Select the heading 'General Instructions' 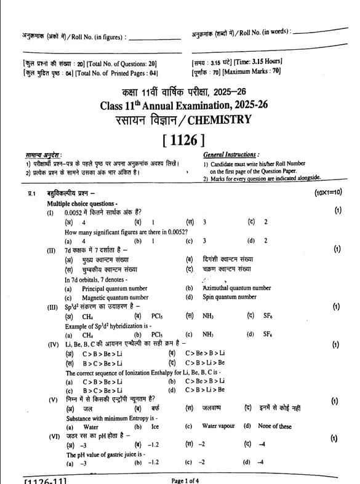pyautogui.click(x=231, y=155)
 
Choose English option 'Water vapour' pyautogui.click(x=218, y=426)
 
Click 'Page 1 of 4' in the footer pyautogui.click(x=185, y=480)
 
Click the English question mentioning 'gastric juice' pyautogui.click(x=105, y=454)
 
